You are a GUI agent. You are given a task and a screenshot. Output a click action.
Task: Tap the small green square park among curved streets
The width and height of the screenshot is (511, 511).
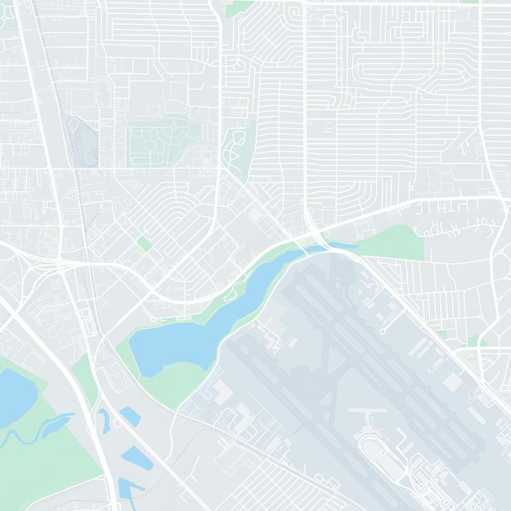tap(144, 243)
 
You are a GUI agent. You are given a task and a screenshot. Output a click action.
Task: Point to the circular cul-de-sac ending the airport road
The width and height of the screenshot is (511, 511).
tap(382, 332)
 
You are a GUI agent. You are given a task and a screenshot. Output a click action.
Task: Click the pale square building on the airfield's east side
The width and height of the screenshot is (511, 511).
tap(452, 381)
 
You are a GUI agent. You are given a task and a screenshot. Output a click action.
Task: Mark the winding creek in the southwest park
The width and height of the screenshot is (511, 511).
tap(38, 431)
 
